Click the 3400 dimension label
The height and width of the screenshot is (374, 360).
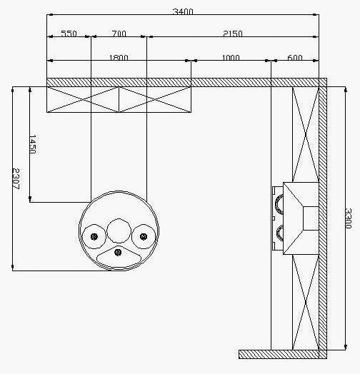tap(183, 11)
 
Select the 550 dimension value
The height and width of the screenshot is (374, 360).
tap(69, 34)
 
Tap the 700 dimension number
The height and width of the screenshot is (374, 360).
tap(119, 34)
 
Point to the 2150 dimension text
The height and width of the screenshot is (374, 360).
tap(233, 34)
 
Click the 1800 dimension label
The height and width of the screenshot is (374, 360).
tap(119, 58)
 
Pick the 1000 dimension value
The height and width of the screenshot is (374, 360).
tap(231, 58)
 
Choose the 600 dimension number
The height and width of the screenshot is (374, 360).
tap(295, 58)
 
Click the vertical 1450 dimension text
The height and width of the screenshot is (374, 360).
tap(33, 144)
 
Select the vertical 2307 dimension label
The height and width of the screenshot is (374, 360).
tap(16, 178)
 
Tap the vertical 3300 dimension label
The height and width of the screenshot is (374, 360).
tap(349, 218)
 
